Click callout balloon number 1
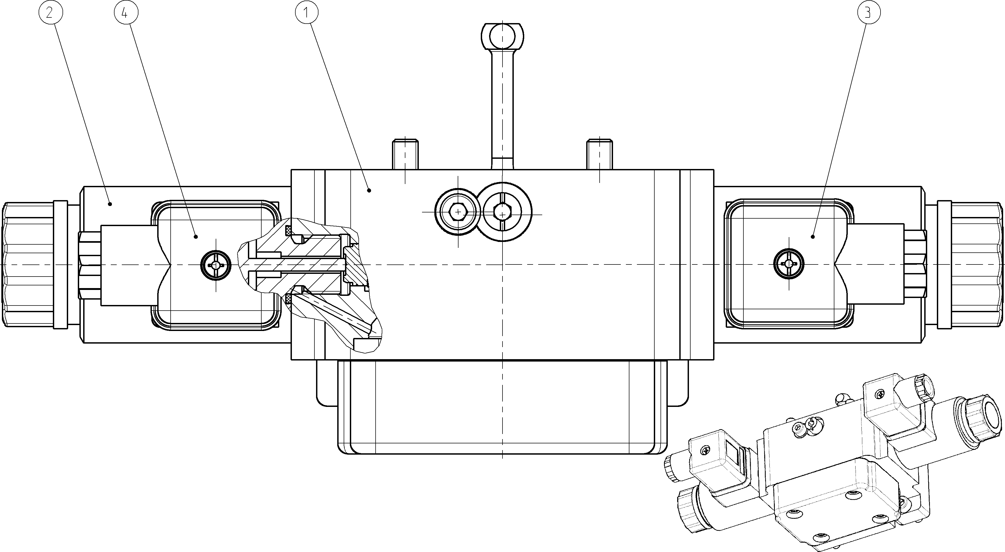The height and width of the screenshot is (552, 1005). click(307, 13)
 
